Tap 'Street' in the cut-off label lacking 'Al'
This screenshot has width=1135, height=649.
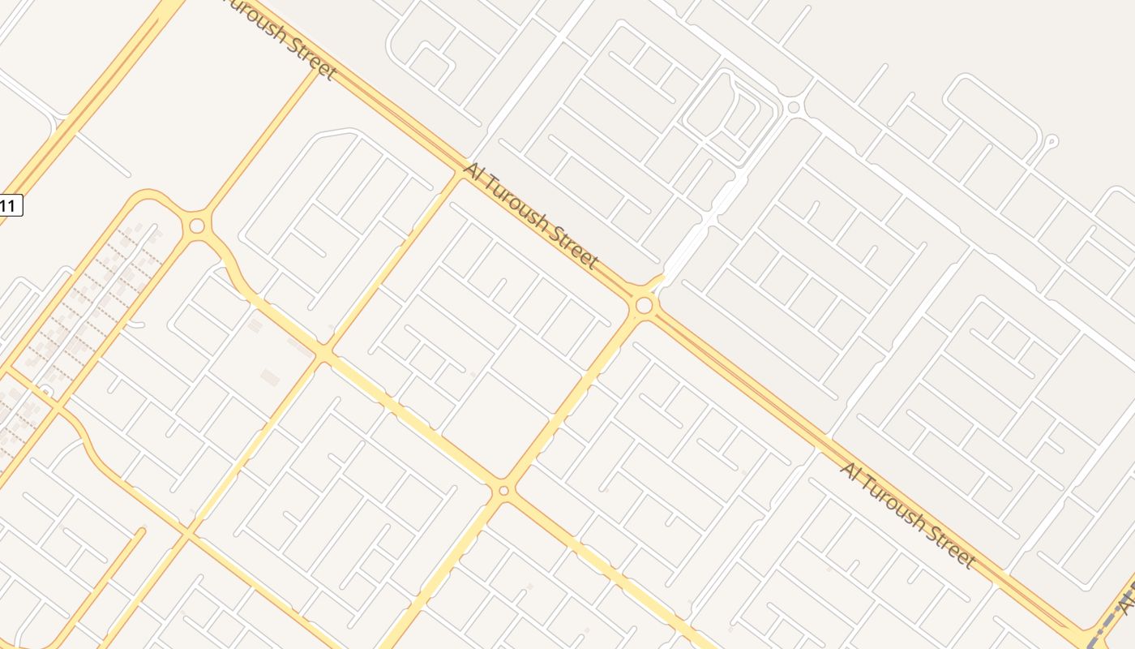(x=312, y=61)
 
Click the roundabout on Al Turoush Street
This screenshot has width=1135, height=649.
(x=645, y=306)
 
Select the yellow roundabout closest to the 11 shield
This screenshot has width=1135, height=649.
(x=197, y=226)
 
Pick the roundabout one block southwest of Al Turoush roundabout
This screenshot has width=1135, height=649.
(x=503, y=490)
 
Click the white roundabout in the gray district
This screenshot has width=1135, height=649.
(x=794, y=107)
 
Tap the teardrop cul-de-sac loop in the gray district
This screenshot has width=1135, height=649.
(x=1051, y=141)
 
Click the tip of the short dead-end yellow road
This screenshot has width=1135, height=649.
(x=143, y=531)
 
